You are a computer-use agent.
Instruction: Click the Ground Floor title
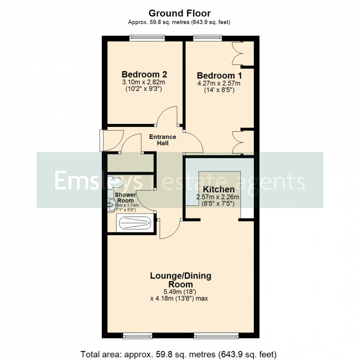click(x=179, y=13)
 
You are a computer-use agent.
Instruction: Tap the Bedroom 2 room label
click(x=144, y=74)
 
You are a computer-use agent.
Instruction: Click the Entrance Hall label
click(x=163, y=140)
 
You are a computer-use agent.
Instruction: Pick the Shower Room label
click(x=125, y=198)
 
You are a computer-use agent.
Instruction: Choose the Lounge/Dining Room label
click(x=181, y=280)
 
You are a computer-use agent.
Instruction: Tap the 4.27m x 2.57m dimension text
click(x=219, y=83)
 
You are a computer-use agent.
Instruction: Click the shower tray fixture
click(x=134, y=223)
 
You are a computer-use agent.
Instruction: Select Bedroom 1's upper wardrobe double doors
click(x=239, y=53)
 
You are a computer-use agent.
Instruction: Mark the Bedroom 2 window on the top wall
click(x=147, y=36)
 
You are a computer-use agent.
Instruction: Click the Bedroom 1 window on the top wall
click(x=208, y=36)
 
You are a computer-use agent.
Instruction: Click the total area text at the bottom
click(x=179, y=353)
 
